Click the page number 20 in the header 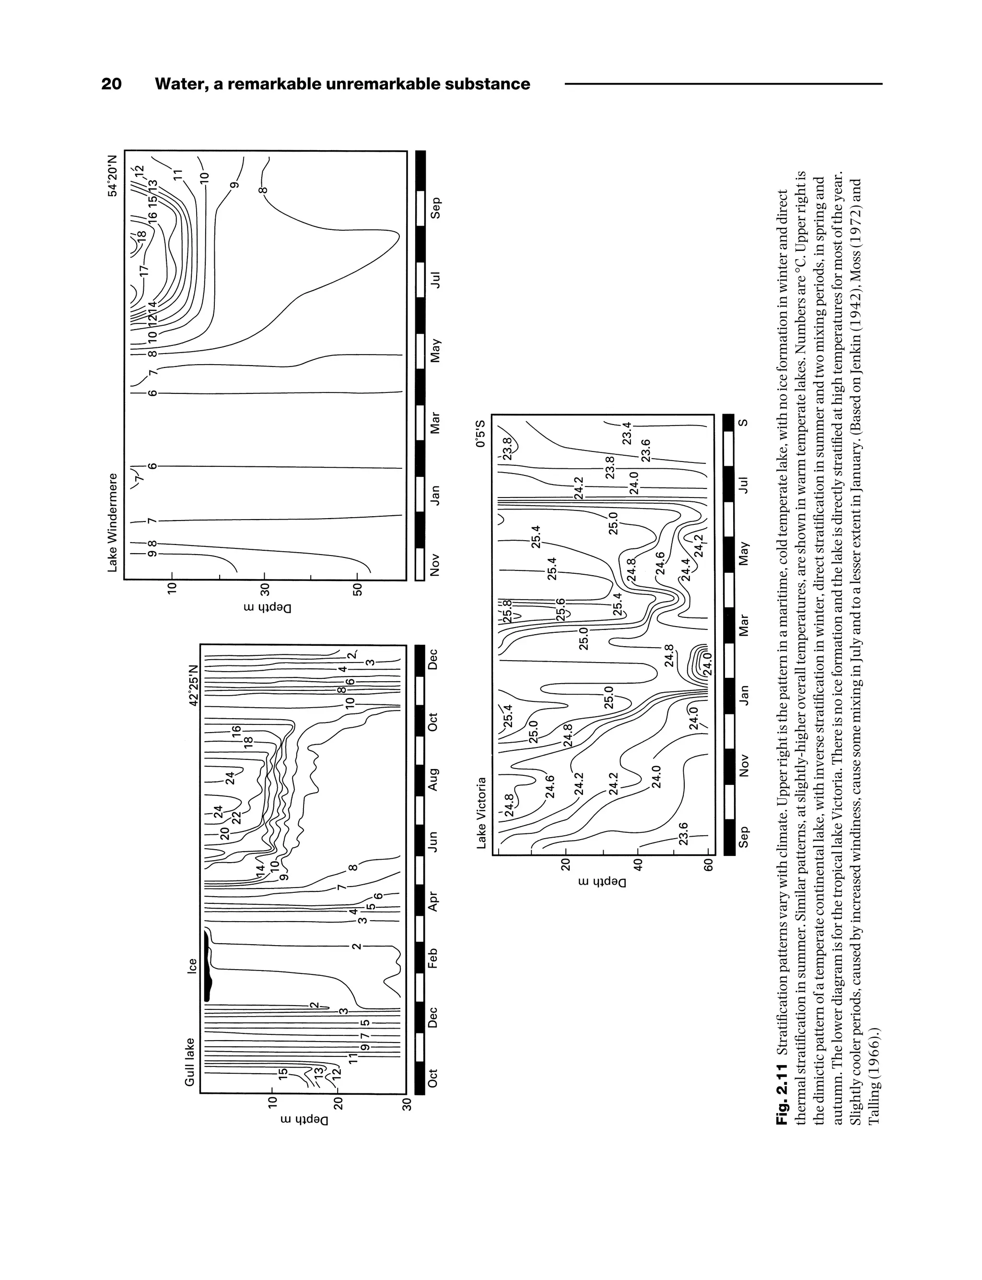tap(112, 84)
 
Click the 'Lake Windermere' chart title tap(112, 522)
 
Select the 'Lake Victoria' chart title tap(481, 813)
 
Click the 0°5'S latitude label tap(480, 433)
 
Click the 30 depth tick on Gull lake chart tap(408, 1104)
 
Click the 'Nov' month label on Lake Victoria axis tap(744, 765)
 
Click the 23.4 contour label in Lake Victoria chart tap(627, 433)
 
